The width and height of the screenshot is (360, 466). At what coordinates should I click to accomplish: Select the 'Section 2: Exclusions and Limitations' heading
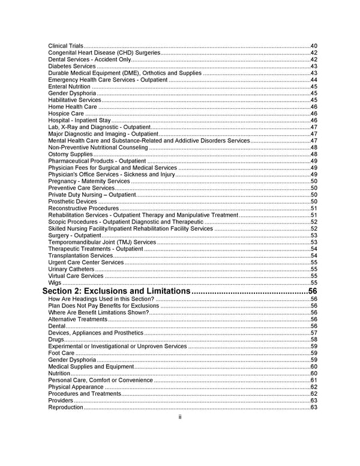tap(116, 291)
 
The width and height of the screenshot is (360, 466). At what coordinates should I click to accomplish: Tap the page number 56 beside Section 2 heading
tap(312, 291)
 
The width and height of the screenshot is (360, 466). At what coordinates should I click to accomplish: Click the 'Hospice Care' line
tap(66, 113)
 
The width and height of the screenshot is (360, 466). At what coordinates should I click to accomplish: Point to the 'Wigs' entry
tap(55, 282)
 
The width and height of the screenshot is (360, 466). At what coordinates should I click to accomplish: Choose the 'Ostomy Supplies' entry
tap(70, 154)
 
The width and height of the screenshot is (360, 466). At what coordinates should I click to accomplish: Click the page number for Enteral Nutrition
tap(314, 86)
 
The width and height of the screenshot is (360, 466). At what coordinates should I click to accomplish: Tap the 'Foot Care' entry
tap(61, 353)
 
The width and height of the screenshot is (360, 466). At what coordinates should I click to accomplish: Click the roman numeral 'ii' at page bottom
tap(180, 417)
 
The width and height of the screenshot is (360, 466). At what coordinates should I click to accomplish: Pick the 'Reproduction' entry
tap(65, 407)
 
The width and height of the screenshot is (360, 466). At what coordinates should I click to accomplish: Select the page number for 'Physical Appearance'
tap(314, 387)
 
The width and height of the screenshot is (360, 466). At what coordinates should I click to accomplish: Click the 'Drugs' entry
tap(56, 339)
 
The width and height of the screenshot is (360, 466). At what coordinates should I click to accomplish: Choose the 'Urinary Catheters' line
tap(71, 269)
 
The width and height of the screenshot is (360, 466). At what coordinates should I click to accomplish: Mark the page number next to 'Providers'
tap(314, 401)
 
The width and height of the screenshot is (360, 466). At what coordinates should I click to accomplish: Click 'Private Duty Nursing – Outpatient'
tap(92, 195)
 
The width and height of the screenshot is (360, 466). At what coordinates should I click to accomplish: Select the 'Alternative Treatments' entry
tap(78, 319)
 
